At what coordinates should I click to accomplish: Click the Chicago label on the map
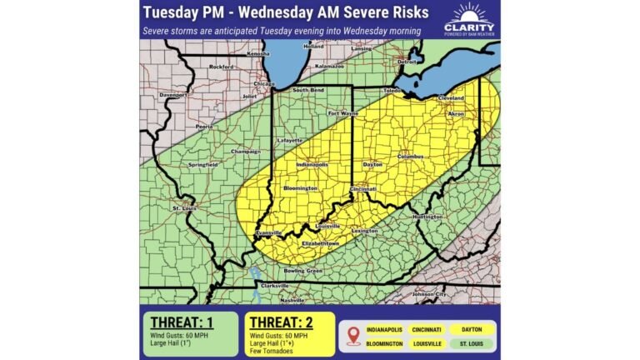264,84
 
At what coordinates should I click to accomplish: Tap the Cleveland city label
450,97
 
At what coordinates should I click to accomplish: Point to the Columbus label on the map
412,156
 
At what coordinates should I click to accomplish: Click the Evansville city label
269,232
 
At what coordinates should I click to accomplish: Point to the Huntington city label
427,216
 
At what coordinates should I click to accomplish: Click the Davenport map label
173,95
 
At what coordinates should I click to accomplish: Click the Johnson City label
430,294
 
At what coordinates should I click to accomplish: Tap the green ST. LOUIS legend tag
472,343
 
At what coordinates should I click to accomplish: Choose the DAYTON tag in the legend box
472,329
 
